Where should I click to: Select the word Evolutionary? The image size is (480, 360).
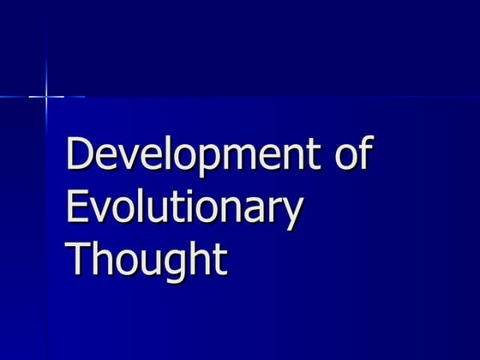(x=184, y=207)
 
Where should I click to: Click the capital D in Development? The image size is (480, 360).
(x=81, y=157)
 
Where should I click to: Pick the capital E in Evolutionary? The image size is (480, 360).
(x=79, y=207)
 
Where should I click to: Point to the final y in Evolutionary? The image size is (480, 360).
(x=292, y=214)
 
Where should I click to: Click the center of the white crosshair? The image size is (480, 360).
(x=46, y=97)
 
